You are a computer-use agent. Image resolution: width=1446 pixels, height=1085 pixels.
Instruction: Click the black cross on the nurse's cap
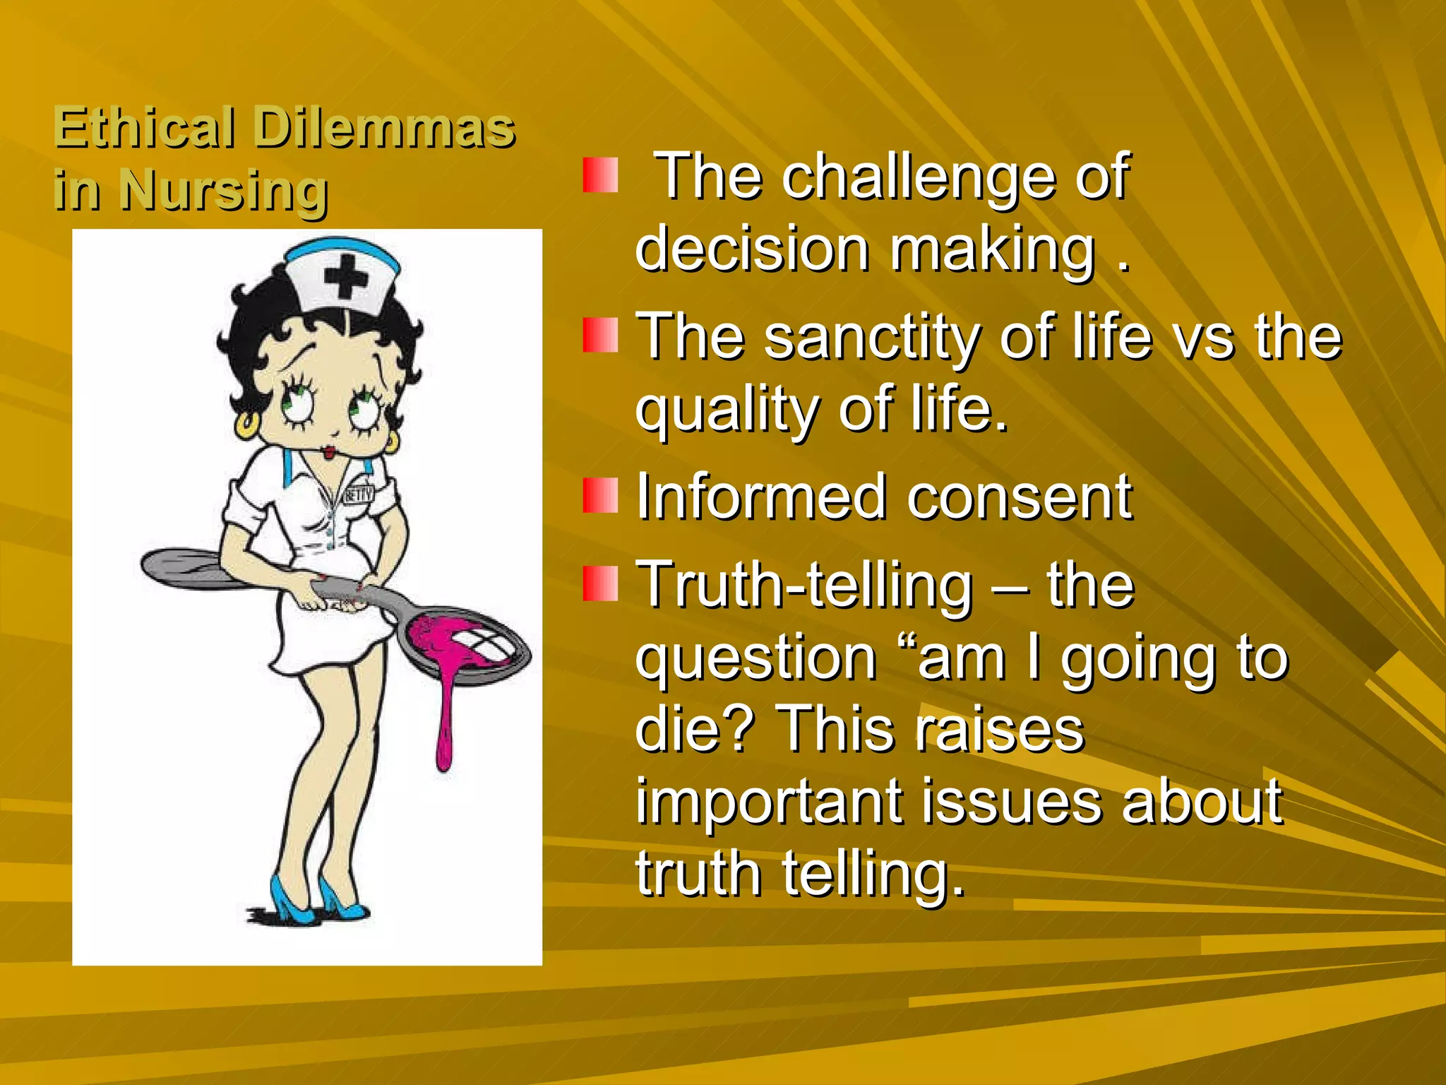(346, 275)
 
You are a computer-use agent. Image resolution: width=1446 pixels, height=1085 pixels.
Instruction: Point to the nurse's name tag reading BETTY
(359, 494)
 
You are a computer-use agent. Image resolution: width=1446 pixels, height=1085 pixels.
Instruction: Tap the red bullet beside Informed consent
(600, 496)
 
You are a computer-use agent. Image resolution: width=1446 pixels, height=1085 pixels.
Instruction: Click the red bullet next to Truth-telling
(600, 583)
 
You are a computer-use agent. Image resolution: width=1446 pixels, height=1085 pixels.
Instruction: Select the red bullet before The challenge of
(600, 175)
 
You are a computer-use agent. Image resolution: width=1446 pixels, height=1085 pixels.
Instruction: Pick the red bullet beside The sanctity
(600, 335)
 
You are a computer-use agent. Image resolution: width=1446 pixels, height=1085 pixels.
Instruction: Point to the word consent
(1020, 497)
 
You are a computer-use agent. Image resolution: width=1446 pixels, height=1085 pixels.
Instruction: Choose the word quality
(727, 411)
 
